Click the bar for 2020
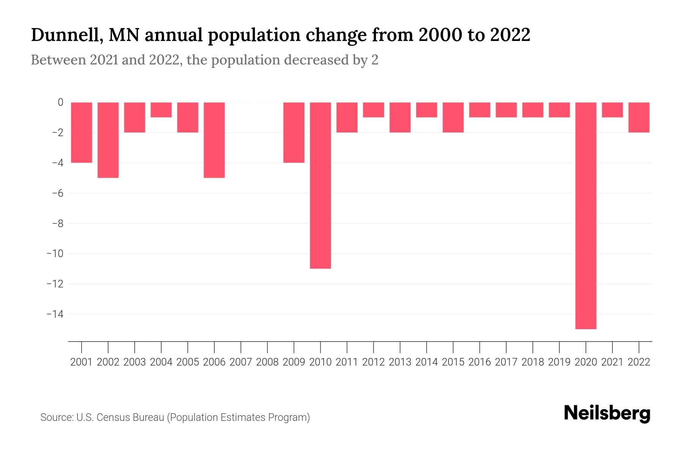click(x=585, y=215)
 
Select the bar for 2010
click(x=320, y=185)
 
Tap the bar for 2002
click(x=108, y=140)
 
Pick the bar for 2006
click(x=214, y=140)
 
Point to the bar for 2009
click(x=294, y=132)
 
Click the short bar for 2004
click(x=161, y=110)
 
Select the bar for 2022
click(x=639, y=117)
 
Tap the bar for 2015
click(x=453, y=117)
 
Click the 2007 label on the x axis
click(x=241, y=362)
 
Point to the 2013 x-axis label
click(x=400, y=362)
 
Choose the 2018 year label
click(x=532, y=362)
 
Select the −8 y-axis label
click(x=57, y=223)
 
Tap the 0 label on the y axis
click(x=60, y=102)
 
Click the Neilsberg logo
click(x=607, y=413)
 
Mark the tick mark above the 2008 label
click(x=268, y=347)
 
